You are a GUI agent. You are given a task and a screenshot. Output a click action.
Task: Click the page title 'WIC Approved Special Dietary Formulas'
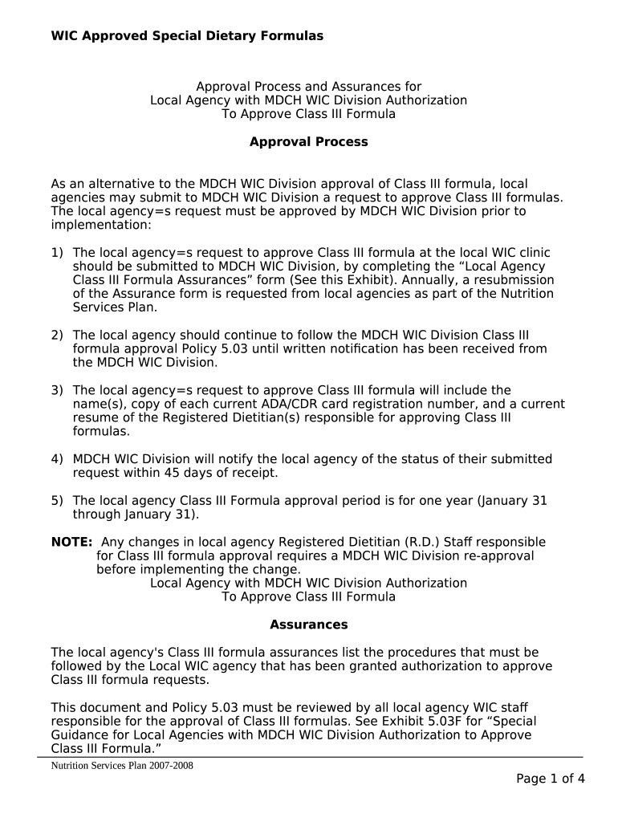pyautogui.click(x=187, y=35)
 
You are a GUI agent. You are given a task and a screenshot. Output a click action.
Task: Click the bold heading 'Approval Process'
pyautogui.click(x=308, y=142)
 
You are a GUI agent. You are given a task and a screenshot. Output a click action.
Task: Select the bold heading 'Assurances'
pyautogui.click(x=308, y=625)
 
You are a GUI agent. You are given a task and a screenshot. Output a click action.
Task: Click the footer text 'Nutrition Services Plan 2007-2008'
pyautogui.click(x=122, y=766)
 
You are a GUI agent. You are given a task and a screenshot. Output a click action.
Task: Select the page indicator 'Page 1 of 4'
pyautogui.click(x=550, y=779)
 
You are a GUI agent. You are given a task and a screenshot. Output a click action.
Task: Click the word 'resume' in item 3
pyautogui.click(x=94, y=417)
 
